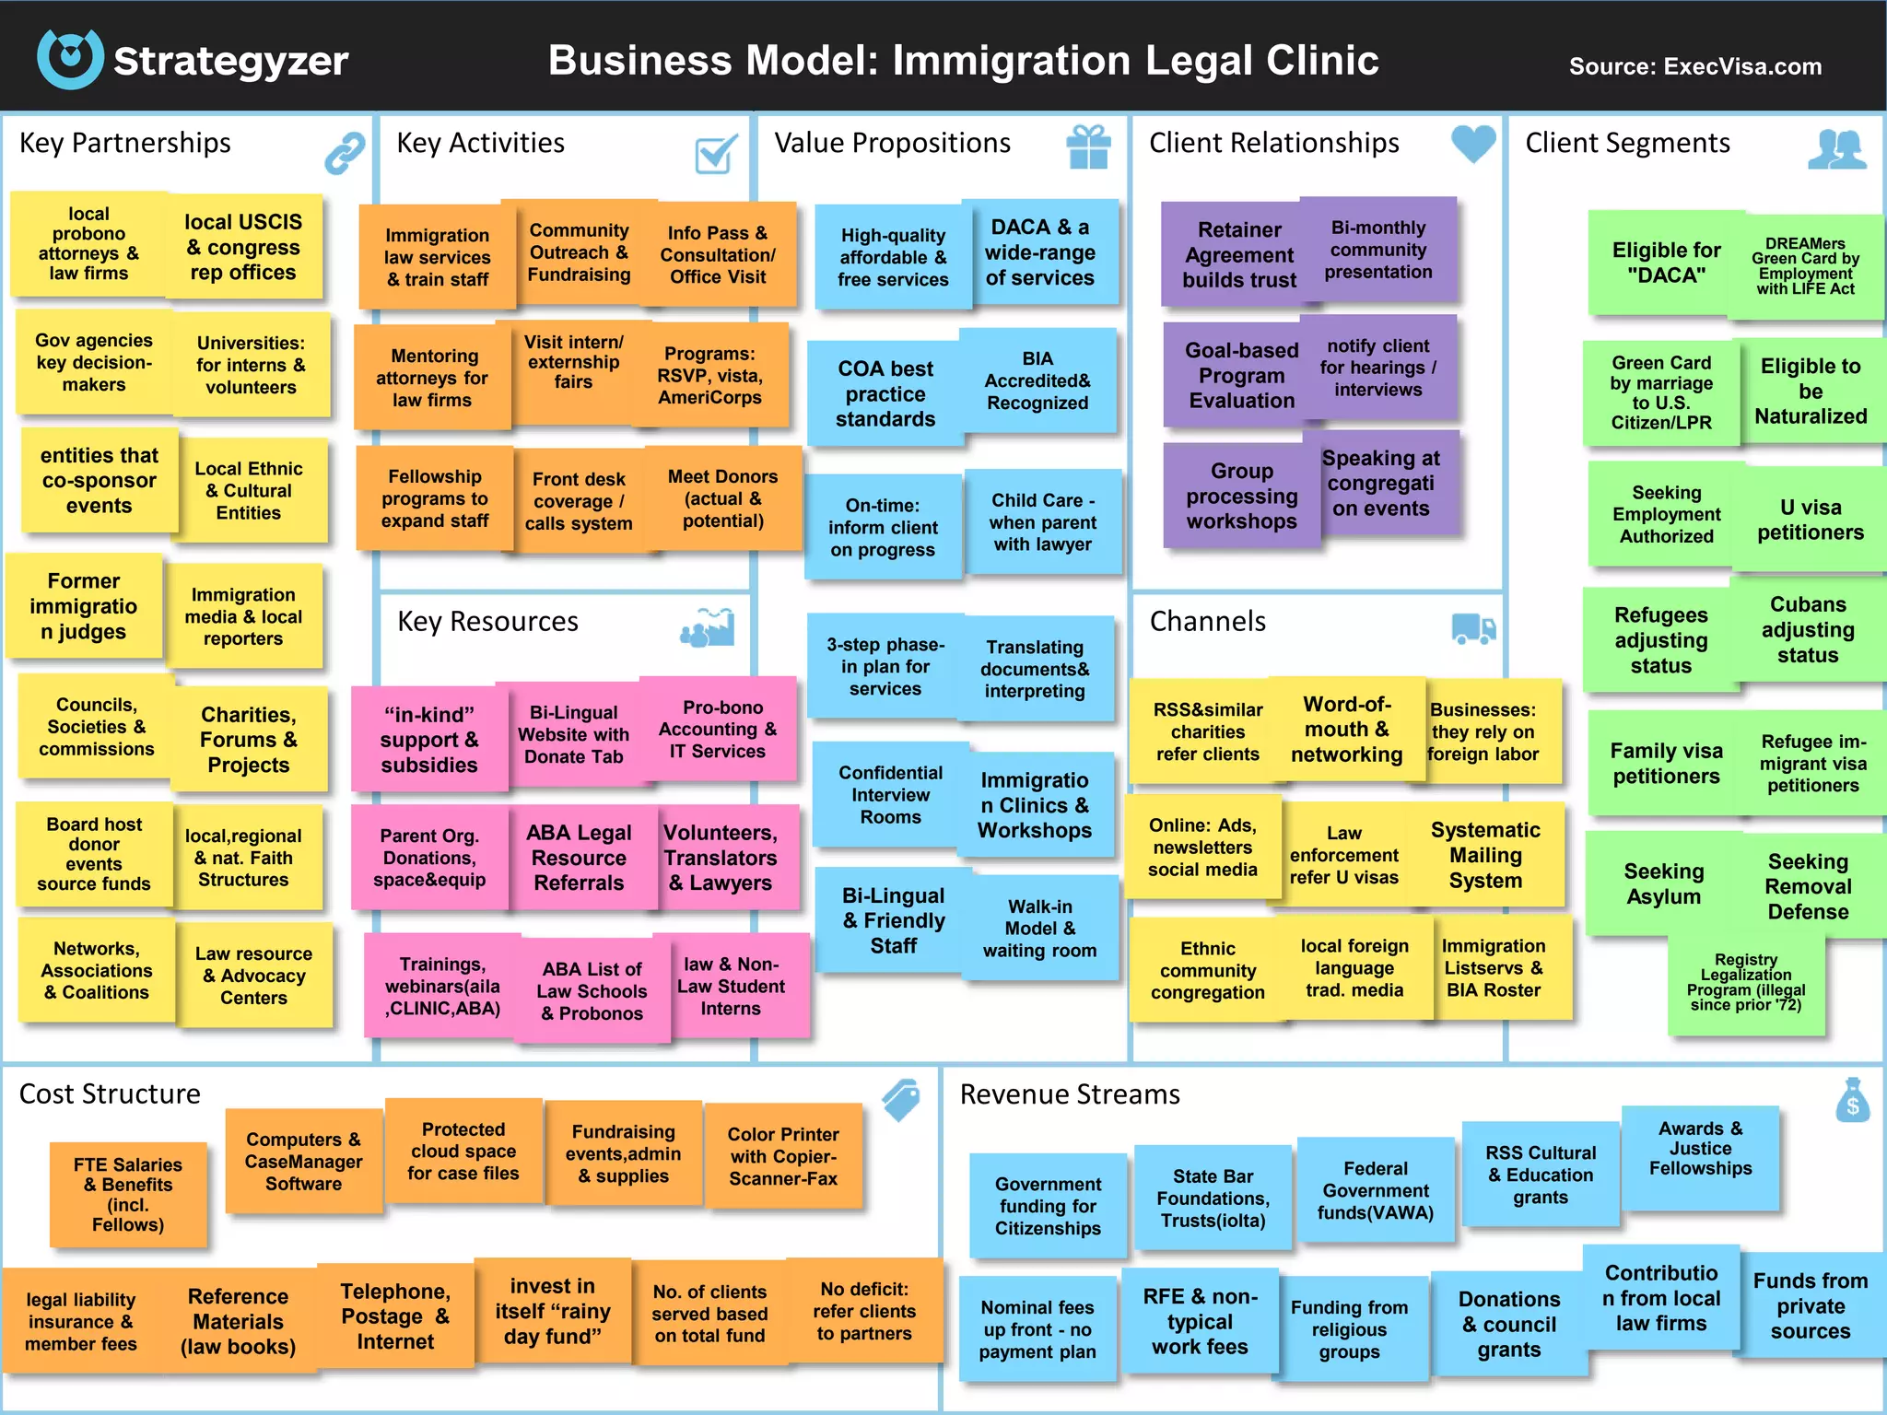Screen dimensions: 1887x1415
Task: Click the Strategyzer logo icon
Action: [70, 58]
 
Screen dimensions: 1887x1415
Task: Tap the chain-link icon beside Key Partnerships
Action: [345, 152]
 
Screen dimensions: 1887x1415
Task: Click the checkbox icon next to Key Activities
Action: [717, 153]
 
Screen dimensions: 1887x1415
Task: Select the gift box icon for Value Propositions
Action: [1088, 147]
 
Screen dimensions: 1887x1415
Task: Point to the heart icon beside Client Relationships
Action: [1473, 144]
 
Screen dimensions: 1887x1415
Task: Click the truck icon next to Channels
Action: [1473, 628]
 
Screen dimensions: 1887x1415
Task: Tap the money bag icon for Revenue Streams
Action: [1852, 1100]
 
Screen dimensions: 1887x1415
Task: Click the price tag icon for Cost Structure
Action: [901, 1099]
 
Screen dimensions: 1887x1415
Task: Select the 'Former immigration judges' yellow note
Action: [84, 606]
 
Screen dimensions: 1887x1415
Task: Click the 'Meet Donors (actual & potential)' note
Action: [723, 498]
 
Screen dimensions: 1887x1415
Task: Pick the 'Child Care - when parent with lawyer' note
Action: [1043, 521]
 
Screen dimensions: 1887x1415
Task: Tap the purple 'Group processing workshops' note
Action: [1241, 496]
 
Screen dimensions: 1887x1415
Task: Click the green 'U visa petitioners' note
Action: [1811, 520]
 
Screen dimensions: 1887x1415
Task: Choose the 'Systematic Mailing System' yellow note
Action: [1485, 855]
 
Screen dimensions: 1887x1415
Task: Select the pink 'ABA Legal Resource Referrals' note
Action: [579, 858]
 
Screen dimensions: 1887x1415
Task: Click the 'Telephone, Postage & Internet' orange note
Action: [395, 1316]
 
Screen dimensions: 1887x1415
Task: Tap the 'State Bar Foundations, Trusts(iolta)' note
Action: [1213, 1198]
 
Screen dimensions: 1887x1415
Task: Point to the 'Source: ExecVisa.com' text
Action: [1695, 66]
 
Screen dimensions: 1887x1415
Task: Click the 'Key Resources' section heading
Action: [487, 622]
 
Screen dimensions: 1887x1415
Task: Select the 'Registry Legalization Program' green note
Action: [1746, 982]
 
